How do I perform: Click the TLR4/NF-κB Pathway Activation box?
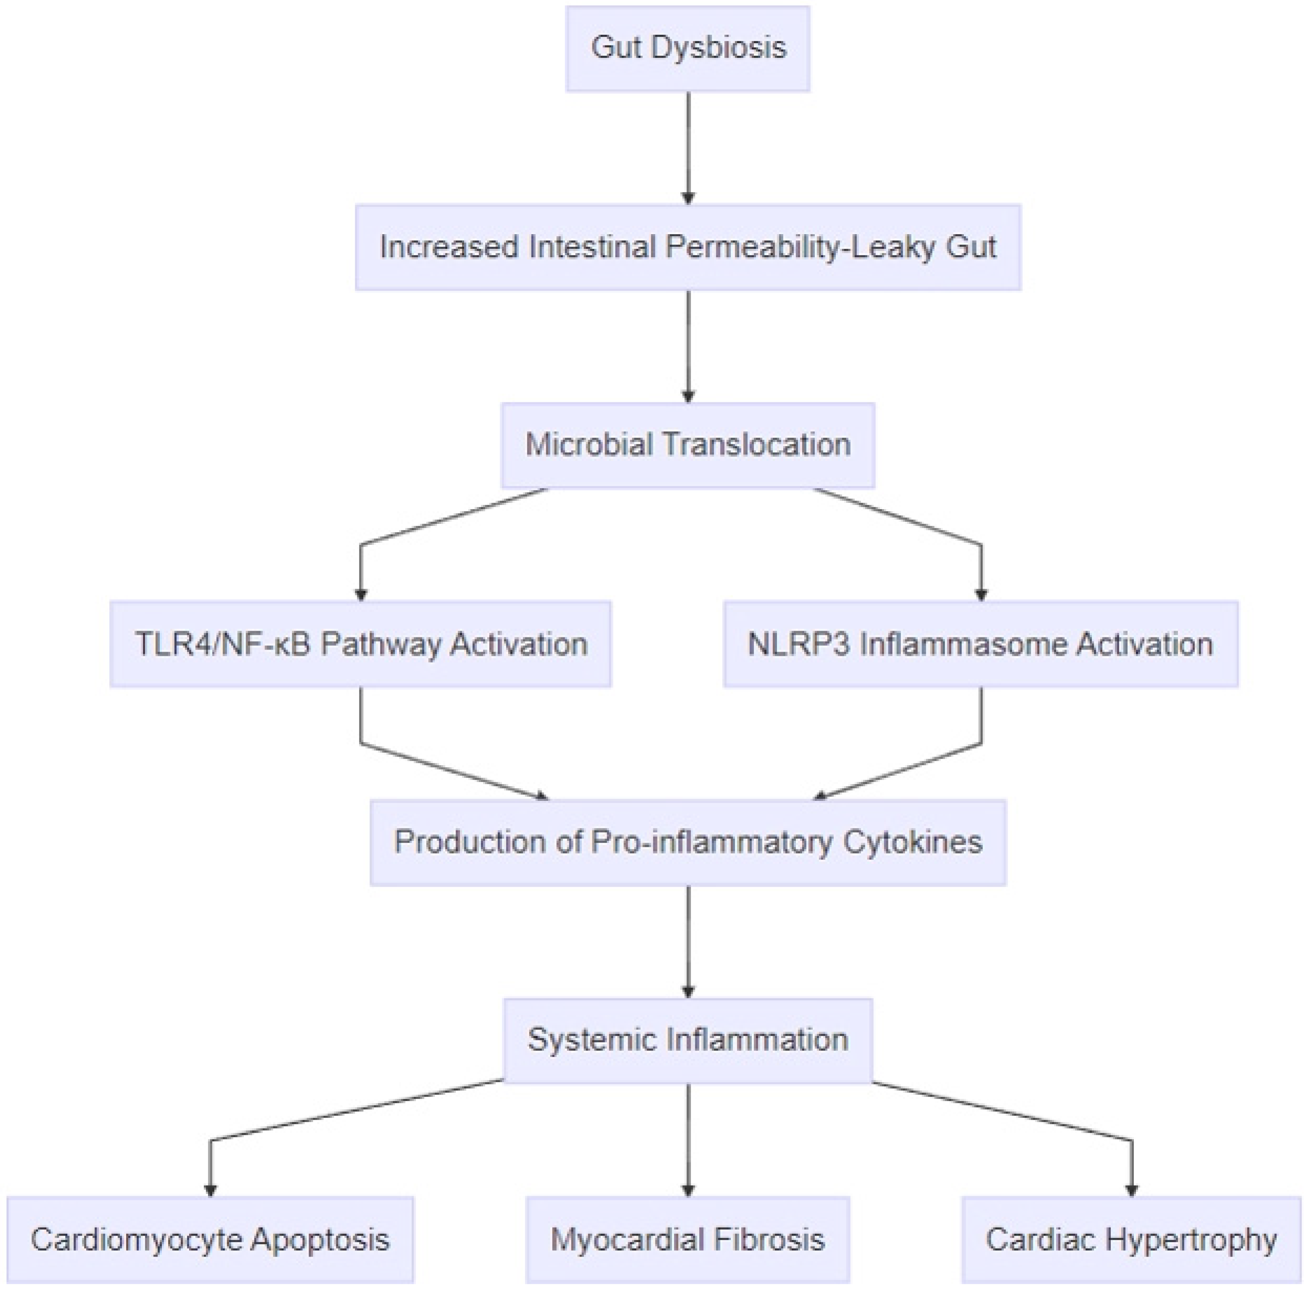pos(360,644)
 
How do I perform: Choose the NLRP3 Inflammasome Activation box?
pos(980,644)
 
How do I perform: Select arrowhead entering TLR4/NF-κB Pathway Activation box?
pos(360,594)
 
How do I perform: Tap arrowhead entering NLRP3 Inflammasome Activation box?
pos(981,594)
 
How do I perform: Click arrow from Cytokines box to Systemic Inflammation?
pos(688,941)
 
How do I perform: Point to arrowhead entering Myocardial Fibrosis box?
pos(688,1190)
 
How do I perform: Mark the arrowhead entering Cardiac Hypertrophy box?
pos(1131,1190)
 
